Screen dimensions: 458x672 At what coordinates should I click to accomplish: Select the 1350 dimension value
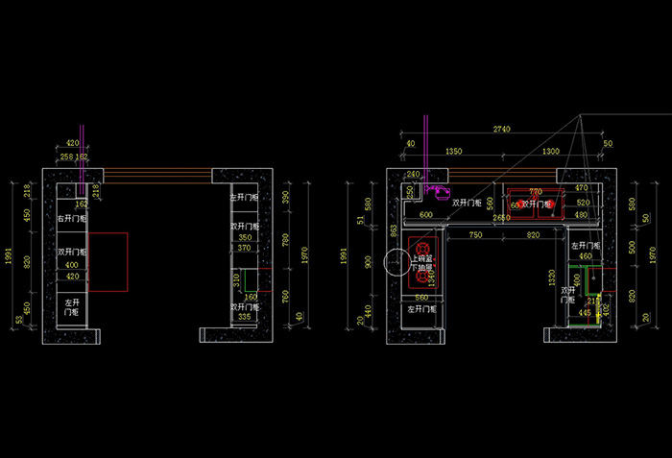coord(454,152)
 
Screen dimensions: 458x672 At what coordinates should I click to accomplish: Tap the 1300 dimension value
coord(551,152)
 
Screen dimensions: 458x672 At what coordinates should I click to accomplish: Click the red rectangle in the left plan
coord(108,261)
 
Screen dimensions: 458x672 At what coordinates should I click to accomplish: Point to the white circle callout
coord(397,261)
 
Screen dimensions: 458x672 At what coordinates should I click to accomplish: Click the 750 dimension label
coord(476,235)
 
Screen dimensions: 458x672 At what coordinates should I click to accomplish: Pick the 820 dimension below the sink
coord(534,235)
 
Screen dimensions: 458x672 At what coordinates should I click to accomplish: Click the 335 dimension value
coord(245,317)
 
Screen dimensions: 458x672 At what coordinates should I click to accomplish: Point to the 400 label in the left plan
coord(71,264)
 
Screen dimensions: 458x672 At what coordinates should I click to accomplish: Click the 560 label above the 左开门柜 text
coord(420,298)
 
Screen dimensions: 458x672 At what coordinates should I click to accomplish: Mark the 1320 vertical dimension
coord(554,278)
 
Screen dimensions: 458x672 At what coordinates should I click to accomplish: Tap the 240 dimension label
coord(414,175)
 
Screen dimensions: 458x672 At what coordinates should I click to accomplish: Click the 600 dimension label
coord(426,215)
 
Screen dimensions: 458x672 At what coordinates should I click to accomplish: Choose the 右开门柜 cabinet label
coord(72,220)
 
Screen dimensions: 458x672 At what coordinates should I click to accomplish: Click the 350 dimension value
coord(245,237)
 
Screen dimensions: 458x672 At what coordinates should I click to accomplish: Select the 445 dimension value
coord(585,313)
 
